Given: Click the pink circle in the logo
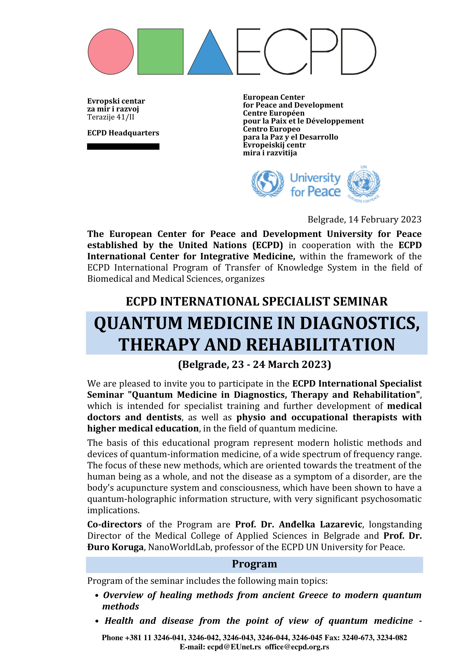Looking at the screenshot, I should click(x=111, y=51).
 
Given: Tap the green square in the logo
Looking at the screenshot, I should click(x=160, y=51).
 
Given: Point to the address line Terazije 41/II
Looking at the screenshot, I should click(x=111, y=117).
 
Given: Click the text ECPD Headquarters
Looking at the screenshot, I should click(x=123, y=133).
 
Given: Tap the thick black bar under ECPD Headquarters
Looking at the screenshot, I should click(x=123, y=146).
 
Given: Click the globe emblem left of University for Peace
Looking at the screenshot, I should click(x=267, y=184).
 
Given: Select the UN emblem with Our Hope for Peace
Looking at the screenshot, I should click(x=364, y=183).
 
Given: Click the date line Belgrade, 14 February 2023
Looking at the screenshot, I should click(x=364, y=219).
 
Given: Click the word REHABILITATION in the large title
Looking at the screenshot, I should click(x=320, y=345).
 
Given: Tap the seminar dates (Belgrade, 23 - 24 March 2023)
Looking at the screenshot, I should click(x=254, y=364).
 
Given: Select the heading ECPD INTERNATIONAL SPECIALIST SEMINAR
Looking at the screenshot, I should click(x=256, y=302).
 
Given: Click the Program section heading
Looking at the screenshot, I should click(x=254, y=564).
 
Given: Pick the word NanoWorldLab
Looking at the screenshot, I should click(x=179, y=547).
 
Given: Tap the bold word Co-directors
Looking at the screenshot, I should click(x=114, y=524).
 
